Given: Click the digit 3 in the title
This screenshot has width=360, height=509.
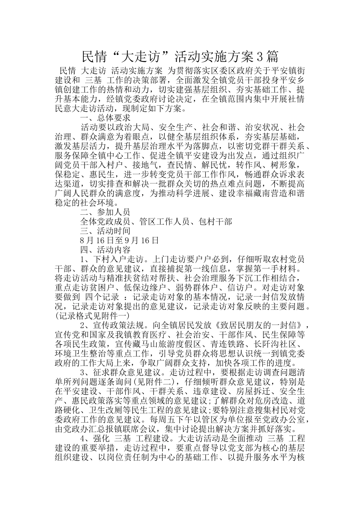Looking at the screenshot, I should (260, 57).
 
